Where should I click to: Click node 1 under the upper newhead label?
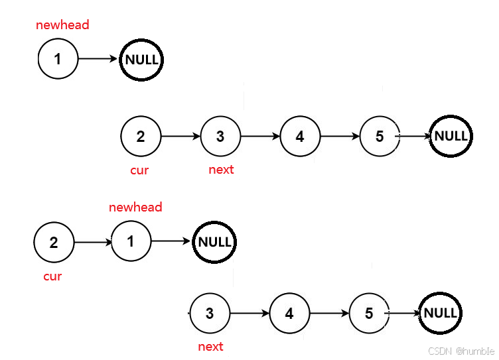pyautogui.click(x=58, y=58)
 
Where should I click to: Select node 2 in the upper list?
pyautogui.click(x=141, y=135)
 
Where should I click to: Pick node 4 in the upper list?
pyautogui.click(x=301, y=135)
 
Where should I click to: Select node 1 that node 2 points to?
pyautogui.click(x=131, y=240)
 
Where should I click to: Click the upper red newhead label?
pyautogui.click(x=62, y=25)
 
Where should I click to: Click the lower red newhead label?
pyautogui.click(x=135, y=208)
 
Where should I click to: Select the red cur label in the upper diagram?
pyautogui.click(x=139, y=170)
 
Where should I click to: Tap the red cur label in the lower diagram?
pyautogui.click(x=52, y=276)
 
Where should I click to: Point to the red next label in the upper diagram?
pyautogui.click(x=221, y=170)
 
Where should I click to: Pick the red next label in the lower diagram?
pyautogui.click(x=211, y=347)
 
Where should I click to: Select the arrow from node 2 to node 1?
pyautogui.click(x=93, y=241)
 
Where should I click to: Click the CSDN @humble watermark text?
pyautogui.click(x=461, y=350)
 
